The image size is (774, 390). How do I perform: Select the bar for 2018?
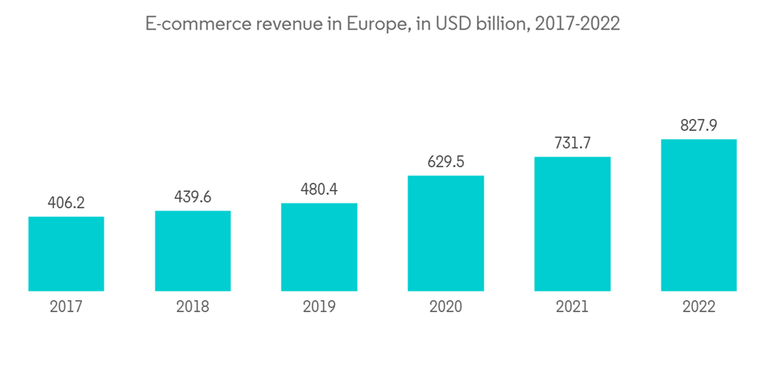point(193,251)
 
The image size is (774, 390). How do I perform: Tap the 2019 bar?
point(319,247)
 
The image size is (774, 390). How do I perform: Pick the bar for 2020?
point(445,233)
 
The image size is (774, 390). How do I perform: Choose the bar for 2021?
point(572,224)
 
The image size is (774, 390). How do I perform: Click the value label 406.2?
point(66,203)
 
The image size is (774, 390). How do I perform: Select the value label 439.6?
point(193,197)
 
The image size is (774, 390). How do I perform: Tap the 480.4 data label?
point(319,190)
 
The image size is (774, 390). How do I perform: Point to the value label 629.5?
point(445,162)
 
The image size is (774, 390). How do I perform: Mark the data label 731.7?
point(572,143)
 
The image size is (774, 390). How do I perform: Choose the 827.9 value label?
point(698,125)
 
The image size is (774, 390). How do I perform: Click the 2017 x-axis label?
point(66,306)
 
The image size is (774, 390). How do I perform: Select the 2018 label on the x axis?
point(193,306)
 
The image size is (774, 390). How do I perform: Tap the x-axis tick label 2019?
point(319,306)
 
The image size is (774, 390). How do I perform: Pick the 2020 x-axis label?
point(445,306)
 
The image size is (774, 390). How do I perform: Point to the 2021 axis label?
point(572,306)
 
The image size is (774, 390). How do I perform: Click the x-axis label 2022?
point(698,306)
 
